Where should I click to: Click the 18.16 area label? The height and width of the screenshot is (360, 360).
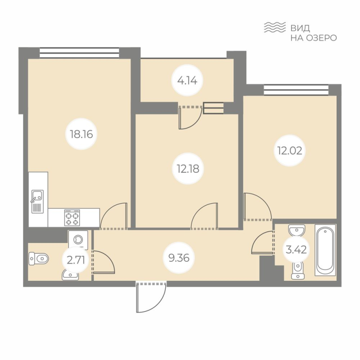81,134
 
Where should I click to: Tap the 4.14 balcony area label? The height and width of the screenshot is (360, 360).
188,81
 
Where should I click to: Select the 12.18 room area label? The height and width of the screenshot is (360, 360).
188,169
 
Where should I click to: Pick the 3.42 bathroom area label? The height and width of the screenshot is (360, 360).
296,249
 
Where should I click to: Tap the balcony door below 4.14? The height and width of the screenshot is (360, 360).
190,117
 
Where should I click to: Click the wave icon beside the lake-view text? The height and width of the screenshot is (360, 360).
274,27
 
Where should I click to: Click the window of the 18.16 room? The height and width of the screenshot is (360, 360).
79,53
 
